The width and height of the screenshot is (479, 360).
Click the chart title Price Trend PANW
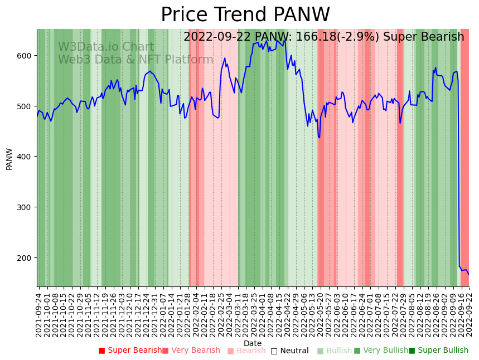[x=245, y=15]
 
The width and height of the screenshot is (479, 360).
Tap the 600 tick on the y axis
[x=25, y=56]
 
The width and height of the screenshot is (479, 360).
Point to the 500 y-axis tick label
[x=25, y=106]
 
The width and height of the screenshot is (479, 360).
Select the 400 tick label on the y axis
[x=25, y=157]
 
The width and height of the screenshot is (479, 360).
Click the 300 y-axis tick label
[x=25, y=207]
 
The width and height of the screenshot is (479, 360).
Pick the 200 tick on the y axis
[x=25, y=258]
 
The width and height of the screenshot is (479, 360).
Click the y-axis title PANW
[x=9, y=159]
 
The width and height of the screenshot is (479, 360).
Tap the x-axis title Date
[x=253, y=343]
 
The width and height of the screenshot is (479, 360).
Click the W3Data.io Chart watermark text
[x=106, y=47]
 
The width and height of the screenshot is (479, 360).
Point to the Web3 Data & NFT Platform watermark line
[x=136, y=60]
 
